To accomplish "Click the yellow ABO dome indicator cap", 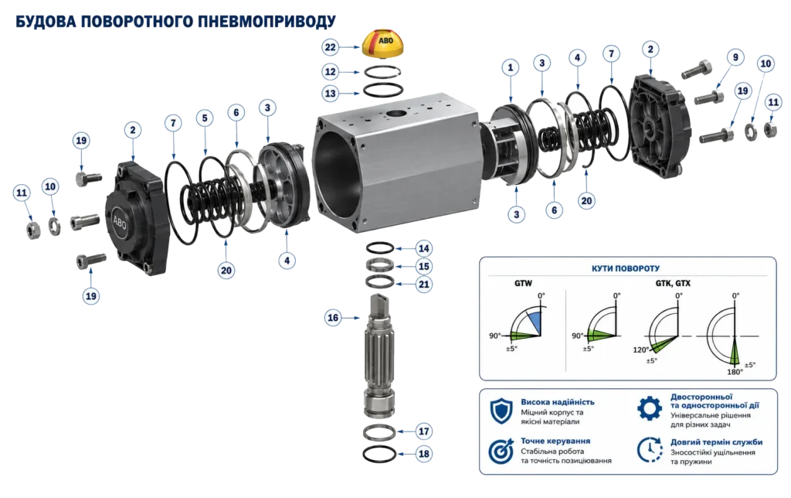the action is (x=383, y=44).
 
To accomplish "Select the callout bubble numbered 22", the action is (x=330, y=47).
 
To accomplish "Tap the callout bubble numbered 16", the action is (x=333, y=318).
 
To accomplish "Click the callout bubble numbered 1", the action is (x=511, y=67).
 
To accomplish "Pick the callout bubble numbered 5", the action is (x=205, y=118).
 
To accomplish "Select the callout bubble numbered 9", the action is (x=735, y=57).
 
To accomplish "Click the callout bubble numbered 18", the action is (x=424, y=454).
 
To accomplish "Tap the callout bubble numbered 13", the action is (x=330, y=94).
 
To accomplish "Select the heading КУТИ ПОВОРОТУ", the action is (x=626, y=268).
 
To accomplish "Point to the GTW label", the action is (x=523, y=283).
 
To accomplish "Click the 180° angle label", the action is (x=735, y=372).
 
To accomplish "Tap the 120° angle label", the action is (x=640, y=350).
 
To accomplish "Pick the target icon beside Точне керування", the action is (x=501, y=451).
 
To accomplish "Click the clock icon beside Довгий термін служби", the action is (x=650, y=449).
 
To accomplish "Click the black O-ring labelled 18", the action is (x=379, y=454).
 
